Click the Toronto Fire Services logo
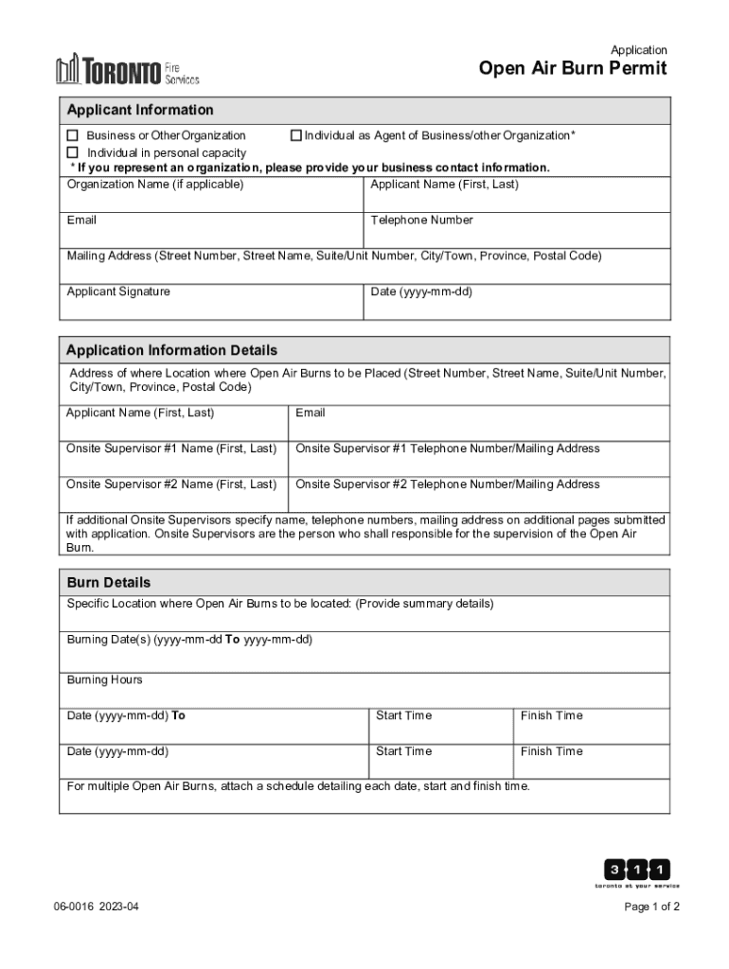click(127, 69)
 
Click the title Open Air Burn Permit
click(572, 69)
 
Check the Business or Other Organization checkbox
click(72, 136)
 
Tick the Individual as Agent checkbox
click(295, 136)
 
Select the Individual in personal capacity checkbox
click(72, 152)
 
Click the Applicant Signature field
click(211, 302)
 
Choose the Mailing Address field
click(364, 267)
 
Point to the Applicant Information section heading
click(140, 110)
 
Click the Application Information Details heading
click(171, 350)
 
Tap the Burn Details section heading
click(109, 582)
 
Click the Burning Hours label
click(105, 680)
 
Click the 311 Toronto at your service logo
click(636, 873)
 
